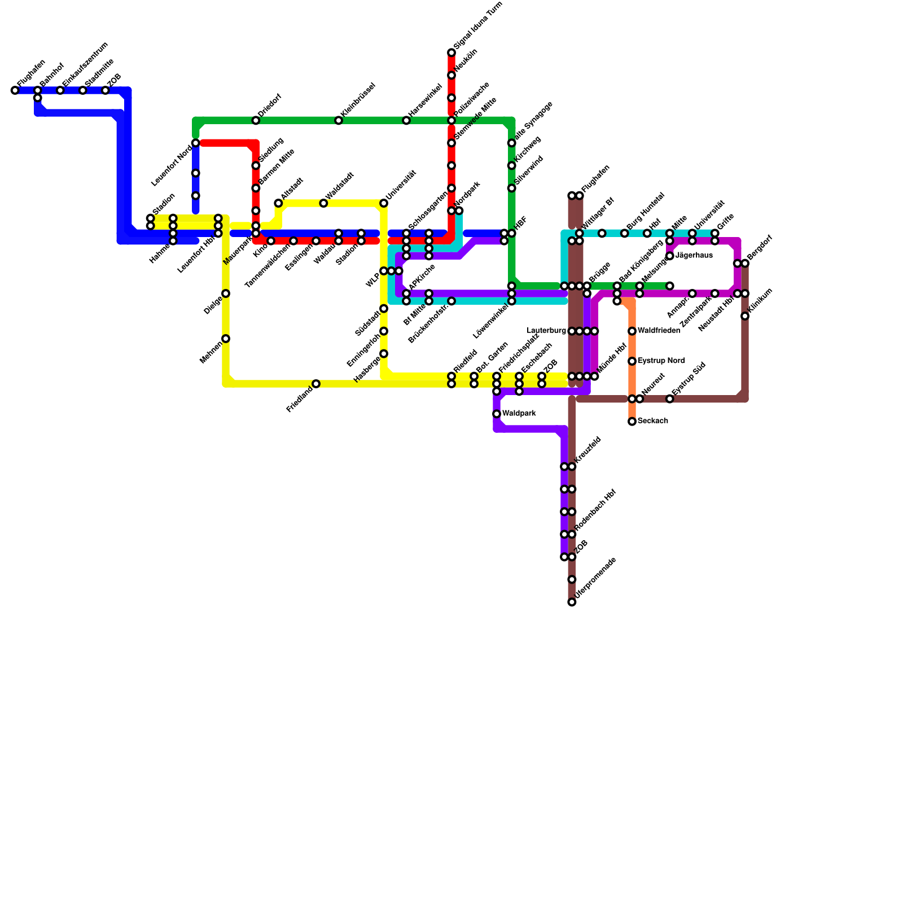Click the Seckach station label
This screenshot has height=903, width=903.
tap(653, 421)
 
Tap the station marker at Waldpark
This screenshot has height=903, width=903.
tap(497, 414)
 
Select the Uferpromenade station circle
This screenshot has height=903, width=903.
tap(572, 602)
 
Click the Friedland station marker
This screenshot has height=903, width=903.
tap(316, 384)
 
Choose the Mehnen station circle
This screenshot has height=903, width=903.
tap(226, 339)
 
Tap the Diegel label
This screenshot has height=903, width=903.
tap(213, 305)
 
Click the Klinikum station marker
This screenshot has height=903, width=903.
tap(745, 316)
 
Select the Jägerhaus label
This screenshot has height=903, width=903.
tap(694, 256)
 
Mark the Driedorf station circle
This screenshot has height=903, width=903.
tap(256, 121)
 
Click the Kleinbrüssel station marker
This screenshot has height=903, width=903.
tap(339, 121)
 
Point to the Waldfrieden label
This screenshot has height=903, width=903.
tap(659, 331)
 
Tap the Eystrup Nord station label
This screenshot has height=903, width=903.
tap(661, 361)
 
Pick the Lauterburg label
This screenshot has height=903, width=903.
tap(546, 331)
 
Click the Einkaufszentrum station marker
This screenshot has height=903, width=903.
tap(60, 91)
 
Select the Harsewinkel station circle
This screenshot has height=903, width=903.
tap(406, 121)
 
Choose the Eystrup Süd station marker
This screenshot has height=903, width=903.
tap(670, 399)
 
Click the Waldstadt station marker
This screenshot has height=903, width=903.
tap(323, 203)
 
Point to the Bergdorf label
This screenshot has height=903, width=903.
tap(760, 248)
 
